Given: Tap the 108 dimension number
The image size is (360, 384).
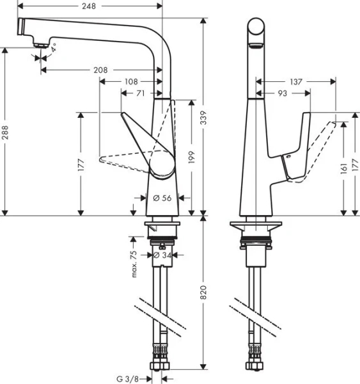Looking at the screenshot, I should [131, 82].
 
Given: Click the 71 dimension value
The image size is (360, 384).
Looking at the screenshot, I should [139, 93].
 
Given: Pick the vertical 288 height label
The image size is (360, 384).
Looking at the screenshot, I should [6, 132].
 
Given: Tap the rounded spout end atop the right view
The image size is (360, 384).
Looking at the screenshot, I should [256, 29].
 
